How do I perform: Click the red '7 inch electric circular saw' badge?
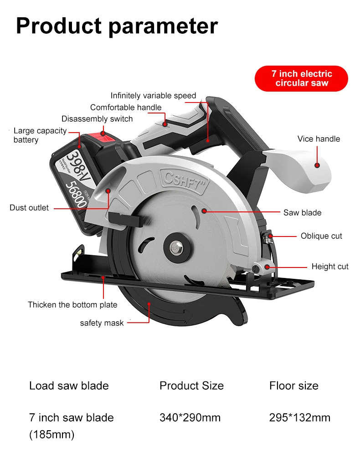tap(301, 78)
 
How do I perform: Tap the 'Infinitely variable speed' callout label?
tap(153, 96)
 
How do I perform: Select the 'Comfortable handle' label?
tap(126, 108)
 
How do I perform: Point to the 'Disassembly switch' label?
tap(97, 119)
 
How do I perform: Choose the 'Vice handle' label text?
tap(319, 139)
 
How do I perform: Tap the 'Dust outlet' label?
tap(29, 208)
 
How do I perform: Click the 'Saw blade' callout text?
tap(302, 213)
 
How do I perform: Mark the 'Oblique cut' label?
tap(321, 236)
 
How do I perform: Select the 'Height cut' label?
tap(330, 267)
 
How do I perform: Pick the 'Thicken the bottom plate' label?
tap(72, 305)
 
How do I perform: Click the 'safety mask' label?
tap(102, 323)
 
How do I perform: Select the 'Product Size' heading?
tap(191, 386)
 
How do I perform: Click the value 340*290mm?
tap(190, 417)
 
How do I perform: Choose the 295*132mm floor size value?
tap(299, 417)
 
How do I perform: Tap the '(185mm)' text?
tap(51, 435)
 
